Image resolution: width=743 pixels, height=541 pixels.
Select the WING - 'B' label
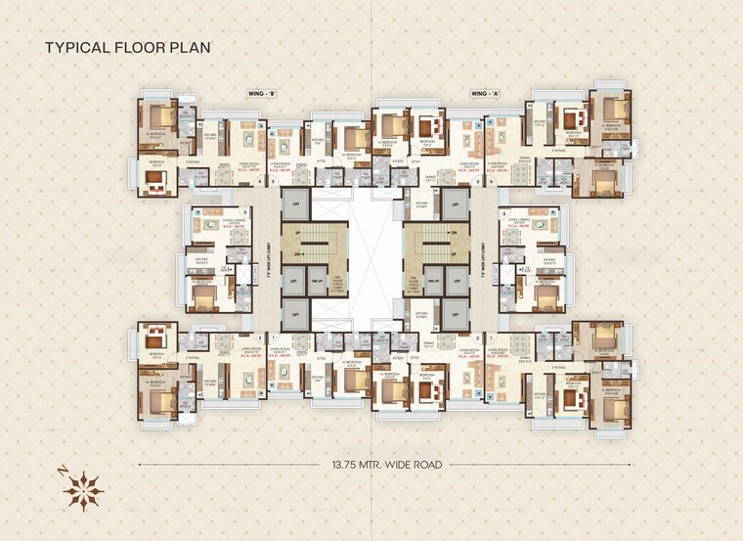[x=260, y=93]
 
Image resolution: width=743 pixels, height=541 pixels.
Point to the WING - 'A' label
[x=486, y=93]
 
